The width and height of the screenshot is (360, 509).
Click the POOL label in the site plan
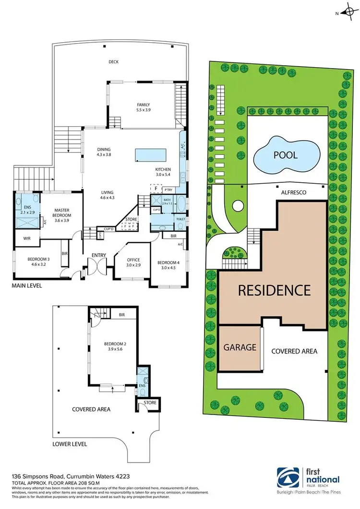coord(286,155)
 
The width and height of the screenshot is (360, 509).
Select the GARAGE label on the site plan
coord(240,347)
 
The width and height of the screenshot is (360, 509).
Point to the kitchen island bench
coord(151,155)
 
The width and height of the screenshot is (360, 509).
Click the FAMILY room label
coord(144,107)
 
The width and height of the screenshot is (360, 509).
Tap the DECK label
coord(114,61)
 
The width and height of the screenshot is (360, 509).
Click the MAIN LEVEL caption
coord(28,285)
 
